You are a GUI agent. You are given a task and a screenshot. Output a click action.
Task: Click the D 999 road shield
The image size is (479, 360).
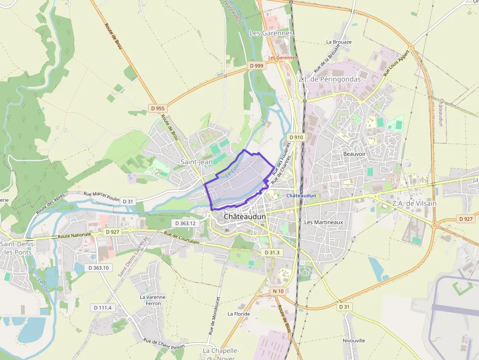tap(256, 65)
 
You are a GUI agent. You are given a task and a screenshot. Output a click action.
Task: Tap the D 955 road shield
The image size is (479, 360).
tap(158, 108)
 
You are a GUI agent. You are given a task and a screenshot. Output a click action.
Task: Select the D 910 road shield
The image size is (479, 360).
tap(296, 137)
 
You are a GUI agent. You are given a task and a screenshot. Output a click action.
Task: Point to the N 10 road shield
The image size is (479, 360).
tap(278, 291)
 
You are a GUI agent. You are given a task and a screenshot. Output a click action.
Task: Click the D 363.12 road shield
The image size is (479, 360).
tap(186, 223)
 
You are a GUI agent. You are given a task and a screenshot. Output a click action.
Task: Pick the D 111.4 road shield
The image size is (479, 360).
tap(103, 307)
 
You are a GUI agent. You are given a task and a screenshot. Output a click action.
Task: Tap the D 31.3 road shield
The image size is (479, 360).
tap(272, 253)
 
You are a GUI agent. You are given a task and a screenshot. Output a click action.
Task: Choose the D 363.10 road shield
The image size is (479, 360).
tap(98, 268)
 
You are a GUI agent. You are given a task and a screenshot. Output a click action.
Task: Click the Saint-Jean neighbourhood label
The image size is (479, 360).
tap(196, 162)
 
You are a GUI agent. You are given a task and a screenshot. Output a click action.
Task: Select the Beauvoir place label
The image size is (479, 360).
tap(354, 153)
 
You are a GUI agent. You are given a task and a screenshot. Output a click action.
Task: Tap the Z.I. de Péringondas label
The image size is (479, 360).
tap(329, 79)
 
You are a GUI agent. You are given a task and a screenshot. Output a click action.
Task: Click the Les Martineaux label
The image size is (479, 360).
tap(324, 222)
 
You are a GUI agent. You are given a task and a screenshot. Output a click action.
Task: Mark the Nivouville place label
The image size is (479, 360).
tap(354, 340)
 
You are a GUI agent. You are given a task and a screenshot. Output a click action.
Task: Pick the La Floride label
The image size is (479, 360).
tap(239, 314)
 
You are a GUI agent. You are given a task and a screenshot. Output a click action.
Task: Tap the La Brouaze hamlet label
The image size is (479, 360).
tap(339, 42)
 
